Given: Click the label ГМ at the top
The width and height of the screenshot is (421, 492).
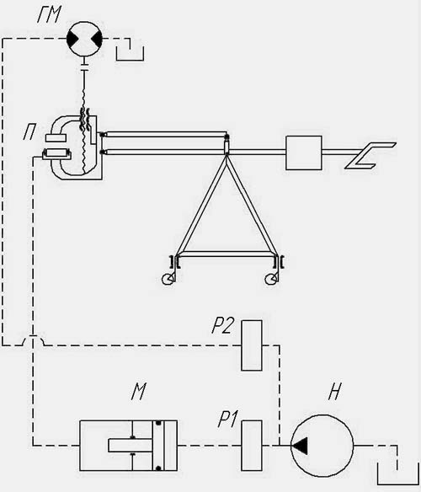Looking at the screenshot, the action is pyautogui.click(x=49, y=15).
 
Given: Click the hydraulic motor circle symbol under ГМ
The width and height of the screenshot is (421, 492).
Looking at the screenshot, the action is pyautogui.click(x=85, y=39).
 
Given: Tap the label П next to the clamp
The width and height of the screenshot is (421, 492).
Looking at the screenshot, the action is pyautogui.click(x=29, y=131).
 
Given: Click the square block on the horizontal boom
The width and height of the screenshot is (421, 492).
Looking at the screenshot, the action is pyautogui.click(x=304, y=152).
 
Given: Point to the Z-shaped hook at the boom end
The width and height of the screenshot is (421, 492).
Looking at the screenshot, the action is pyautogui.click(x=370, y=156).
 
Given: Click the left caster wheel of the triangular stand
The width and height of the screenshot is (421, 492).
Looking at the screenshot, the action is pyautogui.click(x=168, y=279).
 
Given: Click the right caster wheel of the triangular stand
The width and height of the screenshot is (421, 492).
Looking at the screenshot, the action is pyautogui.click(x=271, y=279).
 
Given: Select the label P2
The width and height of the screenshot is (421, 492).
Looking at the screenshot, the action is pyautogui.click(x=222, y=326).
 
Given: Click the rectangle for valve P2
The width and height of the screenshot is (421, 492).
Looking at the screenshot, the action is pyautogui.click(x=252, y=345).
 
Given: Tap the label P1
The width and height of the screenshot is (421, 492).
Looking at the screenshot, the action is pyautogui.click(x=227, y=420).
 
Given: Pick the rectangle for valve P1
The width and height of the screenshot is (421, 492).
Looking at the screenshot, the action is pyautogui.click(x=252, y=446).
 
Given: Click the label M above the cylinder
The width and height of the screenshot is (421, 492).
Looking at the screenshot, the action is pyautogui.click(x=138, y=391).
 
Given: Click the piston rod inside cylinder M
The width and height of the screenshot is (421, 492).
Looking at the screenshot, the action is pyautogui.click(x=131, y=446).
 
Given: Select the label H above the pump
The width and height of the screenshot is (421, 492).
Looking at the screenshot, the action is pyautogui.click(x=334, y=391).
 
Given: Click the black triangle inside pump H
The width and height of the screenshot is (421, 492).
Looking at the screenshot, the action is pyautogui.click(x=300, y=446).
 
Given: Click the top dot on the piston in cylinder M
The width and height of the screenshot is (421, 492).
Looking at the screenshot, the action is pyautogui.click(x=158, y=423).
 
